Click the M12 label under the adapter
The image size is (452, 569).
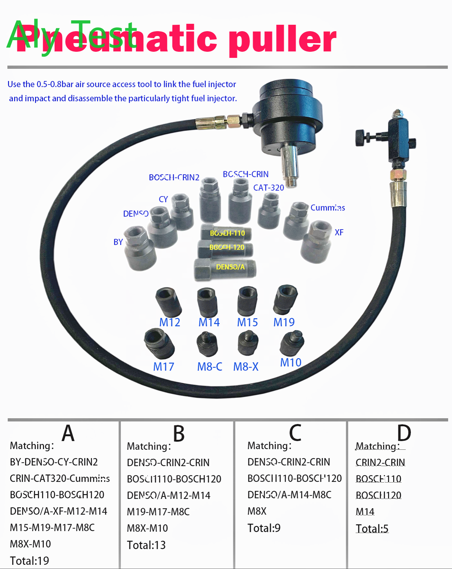(170, 322)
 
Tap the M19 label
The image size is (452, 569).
(284, 322)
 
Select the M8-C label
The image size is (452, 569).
(209, 366)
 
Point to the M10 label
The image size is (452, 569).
(291, 362)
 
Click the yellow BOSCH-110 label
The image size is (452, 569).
(227, 233)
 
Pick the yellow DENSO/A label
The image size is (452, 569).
(230, 267)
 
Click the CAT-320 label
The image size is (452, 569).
(269, 188)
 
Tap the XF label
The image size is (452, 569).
(339, 232)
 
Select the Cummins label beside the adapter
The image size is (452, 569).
(327, 208)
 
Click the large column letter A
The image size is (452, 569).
(68, 433)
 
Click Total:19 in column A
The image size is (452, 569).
(30, 561)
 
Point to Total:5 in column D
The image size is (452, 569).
(372, 528)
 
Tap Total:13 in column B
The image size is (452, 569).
(146, 545)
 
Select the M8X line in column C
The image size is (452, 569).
(257, 511)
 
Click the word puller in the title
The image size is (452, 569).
(283, 40)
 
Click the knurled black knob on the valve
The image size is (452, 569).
(361, 138)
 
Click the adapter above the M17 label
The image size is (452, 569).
(159, 344)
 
